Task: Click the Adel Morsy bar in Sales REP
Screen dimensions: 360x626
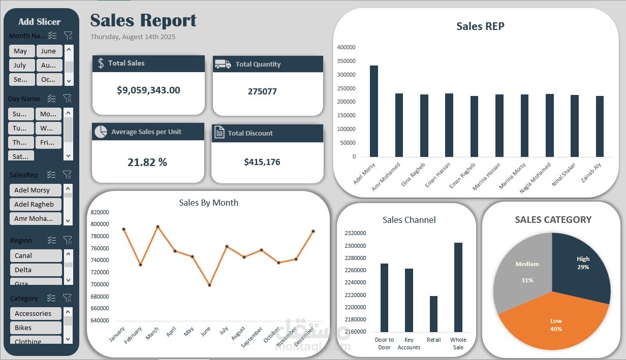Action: (374, 112)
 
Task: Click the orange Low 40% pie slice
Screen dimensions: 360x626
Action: (551, 322)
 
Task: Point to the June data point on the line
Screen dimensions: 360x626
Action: (209, 285)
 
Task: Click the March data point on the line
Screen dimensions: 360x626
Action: (158, 226)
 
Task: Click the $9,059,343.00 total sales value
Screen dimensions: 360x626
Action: (148, 90)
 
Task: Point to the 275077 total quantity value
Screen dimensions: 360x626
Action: (262, 91)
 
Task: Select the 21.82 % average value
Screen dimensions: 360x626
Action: (147, 162)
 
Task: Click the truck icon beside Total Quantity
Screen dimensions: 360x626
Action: (223, 64)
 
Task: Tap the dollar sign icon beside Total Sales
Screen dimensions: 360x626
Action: (101, 63)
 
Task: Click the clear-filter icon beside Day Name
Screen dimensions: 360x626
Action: (67, 99)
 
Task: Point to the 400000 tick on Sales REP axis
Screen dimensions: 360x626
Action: (346, 47)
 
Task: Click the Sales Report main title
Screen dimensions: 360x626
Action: (143, 20)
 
